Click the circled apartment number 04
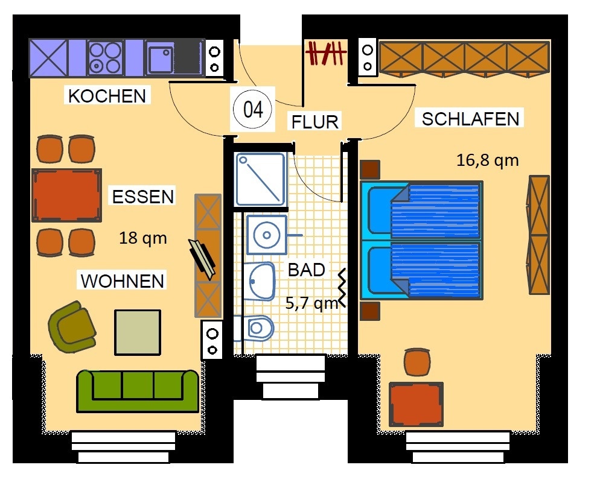click(253, 109)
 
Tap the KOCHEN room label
click(107, 95)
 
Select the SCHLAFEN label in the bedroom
click(471, 119)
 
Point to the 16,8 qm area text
click(487, 160)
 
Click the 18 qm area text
click(143, 238)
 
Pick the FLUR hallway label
click(315, 122)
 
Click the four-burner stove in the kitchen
click(106, 58)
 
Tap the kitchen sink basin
click(160, 59)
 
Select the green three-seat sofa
click(138, 390)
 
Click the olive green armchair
click(72, 326)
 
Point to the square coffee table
click(138, 332)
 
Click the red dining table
click(66, 195)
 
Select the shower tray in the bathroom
click(260, 179)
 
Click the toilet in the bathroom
click(254, 328)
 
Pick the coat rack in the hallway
click(326, 52)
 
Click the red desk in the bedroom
click(416, 404)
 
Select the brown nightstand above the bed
click(369, 169)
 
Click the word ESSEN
click(143, 197)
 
